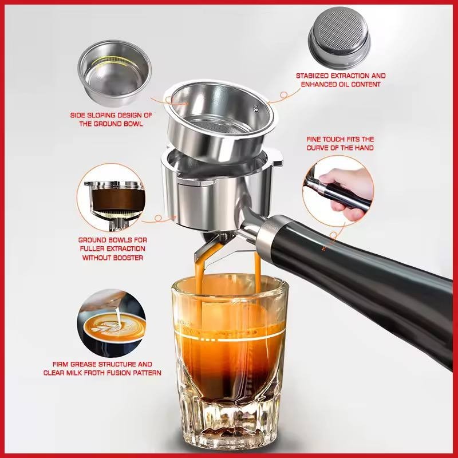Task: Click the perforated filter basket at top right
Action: [x=339, y=34]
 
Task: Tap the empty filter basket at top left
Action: [x=114, y=73]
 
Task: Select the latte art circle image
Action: [x=111, y=323]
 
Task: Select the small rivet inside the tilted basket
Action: [x=256, y=108]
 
